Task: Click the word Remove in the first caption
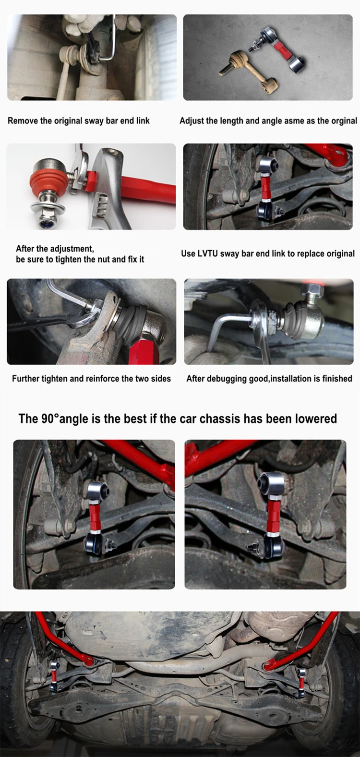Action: click(23, 120)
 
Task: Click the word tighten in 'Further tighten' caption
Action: click(55, 378)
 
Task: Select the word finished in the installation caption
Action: click(337, 378)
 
